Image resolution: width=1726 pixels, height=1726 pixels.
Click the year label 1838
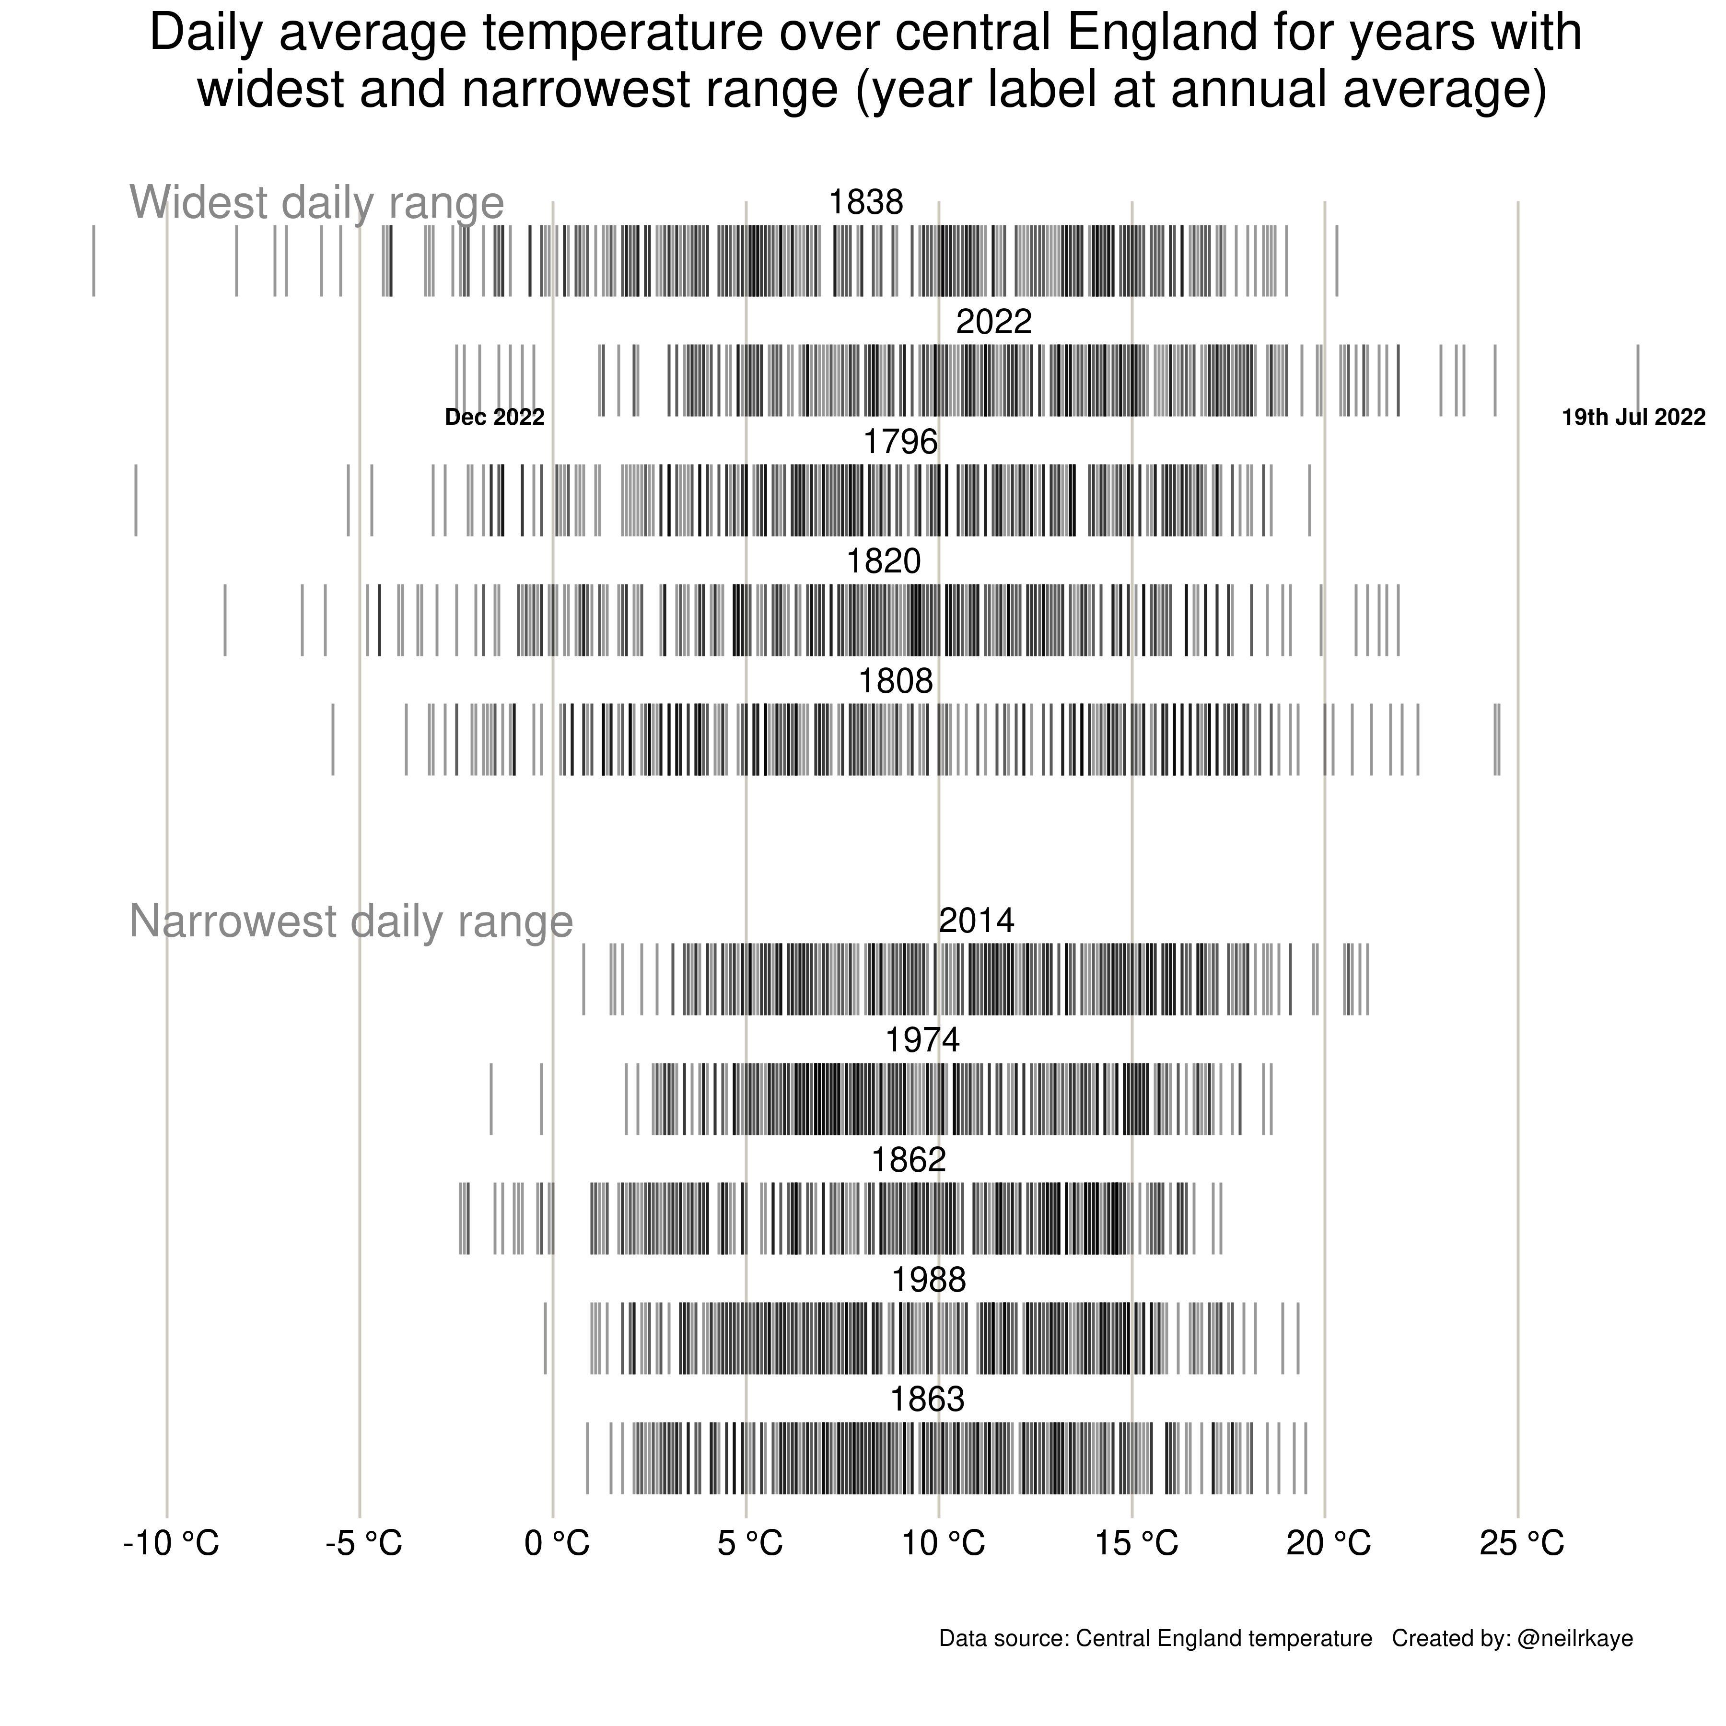866,203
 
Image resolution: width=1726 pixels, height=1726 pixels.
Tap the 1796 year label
900,442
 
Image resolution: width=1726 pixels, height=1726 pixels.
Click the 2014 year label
977,921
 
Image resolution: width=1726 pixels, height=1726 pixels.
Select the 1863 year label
927,1400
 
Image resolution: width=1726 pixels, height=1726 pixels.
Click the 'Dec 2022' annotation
494,417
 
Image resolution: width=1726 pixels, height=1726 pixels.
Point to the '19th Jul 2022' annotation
1633,417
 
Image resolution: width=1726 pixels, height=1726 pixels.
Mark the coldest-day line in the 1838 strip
94,261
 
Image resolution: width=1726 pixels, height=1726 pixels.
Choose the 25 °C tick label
1521,1544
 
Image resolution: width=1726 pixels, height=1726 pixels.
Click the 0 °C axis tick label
557,1544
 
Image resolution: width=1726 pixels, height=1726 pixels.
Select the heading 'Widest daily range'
317,203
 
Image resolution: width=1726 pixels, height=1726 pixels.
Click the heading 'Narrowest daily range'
351,921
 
